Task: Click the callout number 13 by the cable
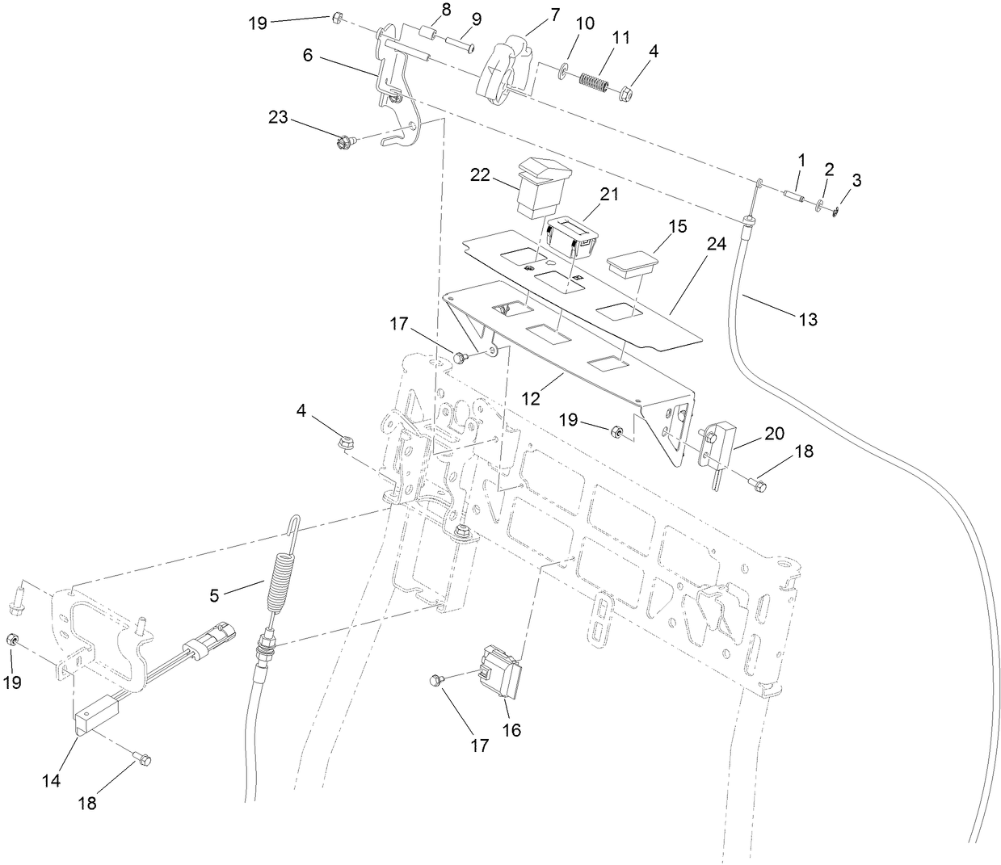click(808, 320)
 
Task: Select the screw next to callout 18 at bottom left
click(143, 758)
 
